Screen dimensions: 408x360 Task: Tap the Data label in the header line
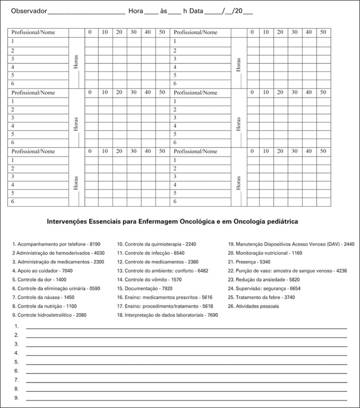pos(196,11)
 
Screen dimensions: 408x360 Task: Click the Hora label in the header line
pos(136,11)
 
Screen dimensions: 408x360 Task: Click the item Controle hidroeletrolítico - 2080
pos(49,315)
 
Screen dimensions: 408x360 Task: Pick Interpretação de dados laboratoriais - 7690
pos(167,315)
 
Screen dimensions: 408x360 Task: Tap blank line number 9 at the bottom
pos(186,398)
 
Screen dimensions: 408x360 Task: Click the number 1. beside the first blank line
pos(16,326)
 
